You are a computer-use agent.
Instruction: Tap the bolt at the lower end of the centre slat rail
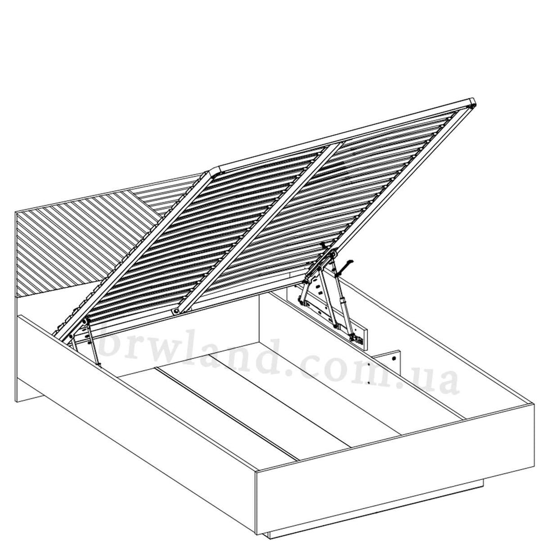pyautogui.click(x=174, y=311)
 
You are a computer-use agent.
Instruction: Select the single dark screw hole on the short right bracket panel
pyautogui.click(x=394, y=358)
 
